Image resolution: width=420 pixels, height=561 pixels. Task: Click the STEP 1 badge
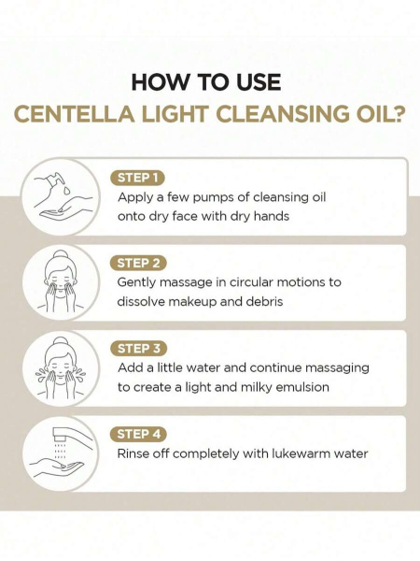[x=137, y=178]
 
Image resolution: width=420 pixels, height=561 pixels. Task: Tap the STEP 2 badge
[x=138, y=264]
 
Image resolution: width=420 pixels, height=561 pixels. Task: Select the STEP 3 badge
[x=138, y=349]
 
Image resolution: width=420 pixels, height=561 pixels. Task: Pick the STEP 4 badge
[x=138, y=434]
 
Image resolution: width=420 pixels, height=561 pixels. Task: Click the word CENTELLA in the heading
[x=75, y=114]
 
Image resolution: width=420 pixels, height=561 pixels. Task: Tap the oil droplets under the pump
[x=65, y=190]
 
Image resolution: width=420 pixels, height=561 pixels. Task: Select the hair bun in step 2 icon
[x=61, y=254]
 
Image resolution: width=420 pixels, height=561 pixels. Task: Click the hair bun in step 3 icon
[x=61, y=341]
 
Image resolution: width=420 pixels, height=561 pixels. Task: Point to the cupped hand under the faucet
[x=57, y=468]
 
